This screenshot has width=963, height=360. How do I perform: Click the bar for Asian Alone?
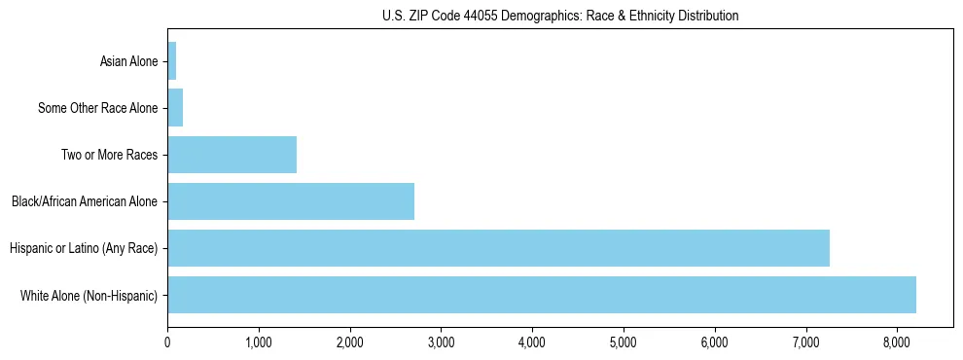click(x=172, y=61)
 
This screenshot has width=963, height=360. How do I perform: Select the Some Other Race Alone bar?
click(x=175, y=108)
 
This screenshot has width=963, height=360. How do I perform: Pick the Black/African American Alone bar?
click(x=291, y=201)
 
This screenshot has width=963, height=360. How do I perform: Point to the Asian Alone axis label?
click(x=128, y=62)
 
